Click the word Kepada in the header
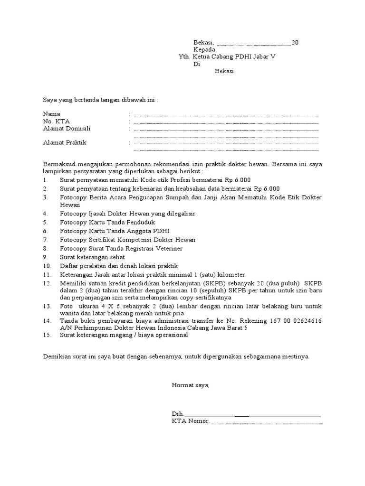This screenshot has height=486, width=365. pyautogui.click(x=204, y=50)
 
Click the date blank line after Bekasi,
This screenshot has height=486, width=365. pyautogui.click(x=253, y=43)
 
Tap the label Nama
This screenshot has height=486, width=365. pyautogui.click(x=52, y=114)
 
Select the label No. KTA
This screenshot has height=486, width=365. pyautogui.click(x=57, y=121)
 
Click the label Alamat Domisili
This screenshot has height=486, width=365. pyautogui.click(x=67, y=128)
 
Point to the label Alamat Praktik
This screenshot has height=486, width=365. pyautogui.click(x=65, y=142)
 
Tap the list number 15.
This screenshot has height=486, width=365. pyautogui.click(x=47, y=335)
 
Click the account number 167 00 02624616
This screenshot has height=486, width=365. pyautogui.click(x=293, y=321)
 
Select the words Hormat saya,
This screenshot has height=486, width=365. pyautogui.click(x=191, y=385)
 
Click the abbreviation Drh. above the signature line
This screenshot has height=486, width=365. pyautogui.click(x=178, y=414)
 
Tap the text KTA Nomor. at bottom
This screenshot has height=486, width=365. pyautogui.click(x=191, y=421)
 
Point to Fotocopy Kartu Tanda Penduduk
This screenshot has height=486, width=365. pyautogui.click(x=107, y=222)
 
